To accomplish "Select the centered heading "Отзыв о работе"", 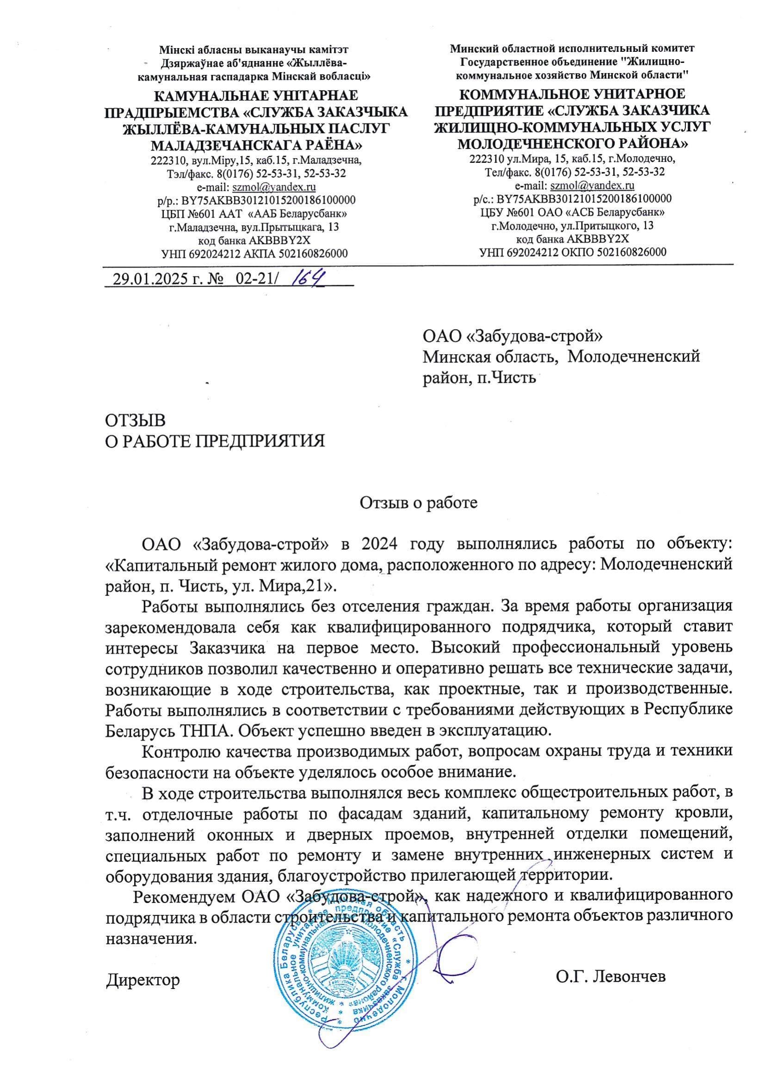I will (418, 503).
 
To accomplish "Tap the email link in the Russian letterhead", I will (592, 185).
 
